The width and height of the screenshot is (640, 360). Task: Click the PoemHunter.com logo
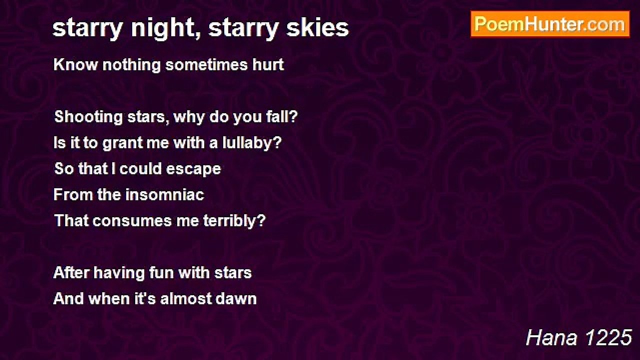[x=550, y=24]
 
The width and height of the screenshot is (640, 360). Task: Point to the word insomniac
[x=164, y=194]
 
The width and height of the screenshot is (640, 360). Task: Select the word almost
[x=187, y=298]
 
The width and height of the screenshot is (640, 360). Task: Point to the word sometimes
[x=198, y=65]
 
